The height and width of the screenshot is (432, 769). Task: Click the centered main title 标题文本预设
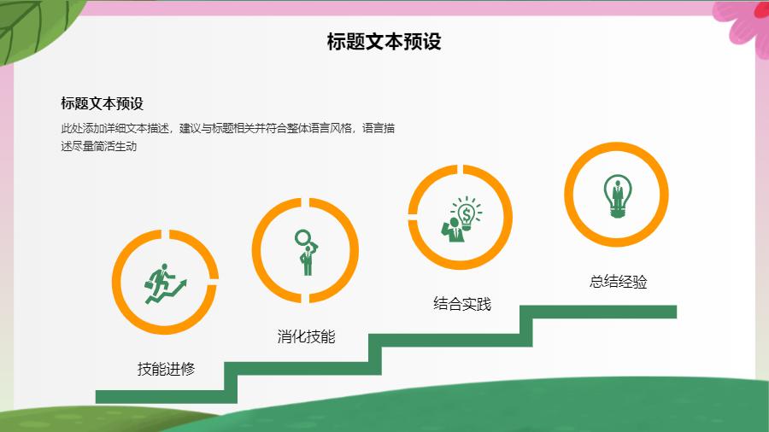384,42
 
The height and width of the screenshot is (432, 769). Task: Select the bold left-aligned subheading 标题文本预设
102,103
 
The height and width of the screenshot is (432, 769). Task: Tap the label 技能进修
167,369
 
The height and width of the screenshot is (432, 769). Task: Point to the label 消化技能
306,336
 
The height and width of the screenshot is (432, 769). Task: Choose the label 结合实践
462,304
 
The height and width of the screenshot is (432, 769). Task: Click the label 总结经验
618,282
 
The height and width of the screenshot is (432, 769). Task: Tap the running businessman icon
165,283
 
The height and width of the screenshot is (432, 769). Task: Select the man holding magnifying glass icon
307,252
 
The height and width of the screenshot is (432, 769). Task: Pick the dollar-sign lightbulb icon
461,219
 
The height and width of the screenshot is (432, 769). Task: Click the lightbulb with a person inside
618,196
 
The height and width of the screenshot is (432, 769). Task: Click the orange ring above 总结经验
616,147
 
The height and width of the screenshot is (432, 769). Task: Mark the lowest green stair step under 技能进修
167,397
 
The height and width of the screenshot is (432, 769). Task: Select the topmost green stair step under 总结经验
598,312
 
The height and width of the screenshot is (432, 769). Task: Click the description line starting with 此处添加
227,128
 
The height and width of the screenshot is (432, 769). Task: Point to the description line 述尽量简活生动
98,147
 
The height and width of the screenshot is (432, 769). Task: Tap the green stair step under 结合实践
450,340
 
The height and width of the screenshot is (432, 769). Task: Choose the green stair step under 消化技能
302,368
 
